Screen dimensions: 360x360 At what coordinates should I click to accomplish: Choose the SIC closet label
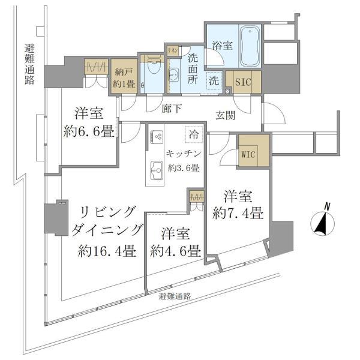pos(243,80)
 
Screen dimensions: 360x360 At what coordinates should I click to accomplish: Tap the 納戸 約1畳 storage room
pos(124,77)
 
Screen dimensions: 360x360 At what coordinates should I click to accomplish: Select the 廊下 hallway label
pos(172,110)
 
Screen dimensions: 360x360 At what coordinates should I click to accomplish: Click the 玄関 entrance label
pos(226,115)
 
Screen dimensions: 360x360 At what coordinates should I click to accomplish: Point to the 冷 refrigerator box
pos(193,136)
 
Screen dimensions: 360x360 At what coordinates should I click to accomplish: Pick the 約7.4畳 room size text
pos(239,212)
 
